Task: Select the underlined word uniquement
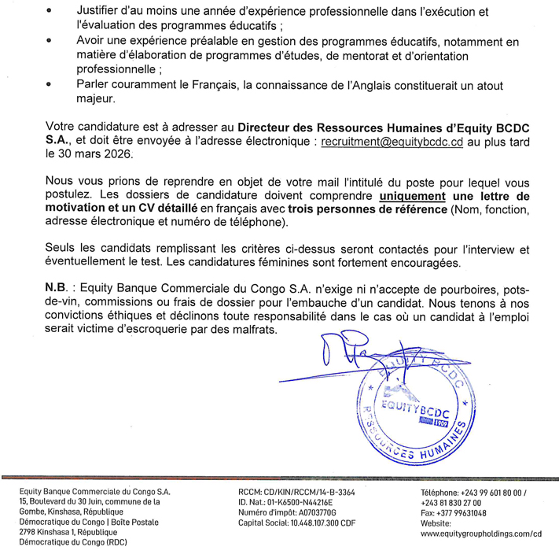(x=412, y=195)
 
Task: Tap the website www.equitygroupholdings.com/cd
(x=482, y=534)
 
